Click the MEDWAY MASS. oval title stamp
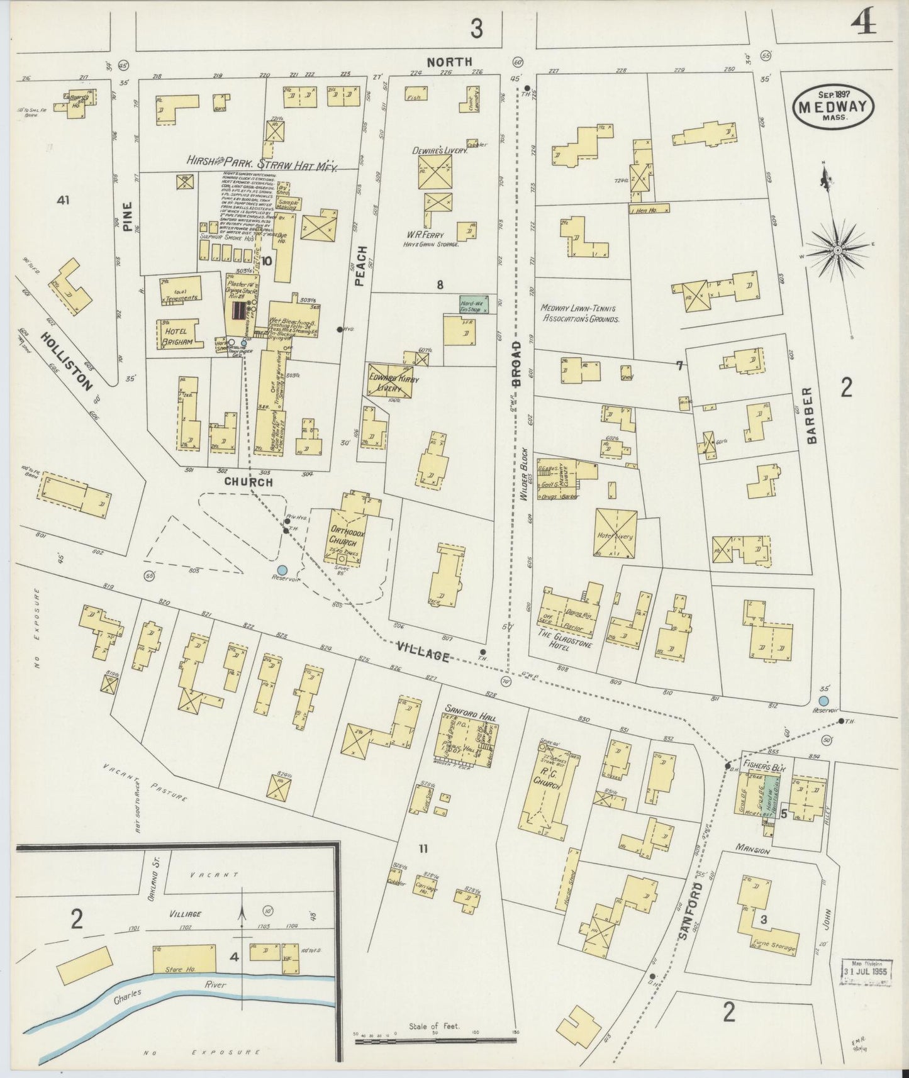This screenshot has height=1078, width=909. (834, 106)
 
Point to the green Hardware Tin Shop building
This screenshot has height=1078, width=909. (475, 304)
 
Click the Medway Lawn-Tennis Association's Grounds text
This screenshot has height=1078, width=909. (579, 313)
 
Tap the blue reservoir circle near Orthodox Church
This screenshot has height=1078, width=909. (282, 569)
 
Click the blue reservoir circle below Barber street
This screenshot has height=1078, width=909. (823, 701)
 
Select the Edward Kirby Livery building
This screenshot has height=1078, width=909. (389, 381)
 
